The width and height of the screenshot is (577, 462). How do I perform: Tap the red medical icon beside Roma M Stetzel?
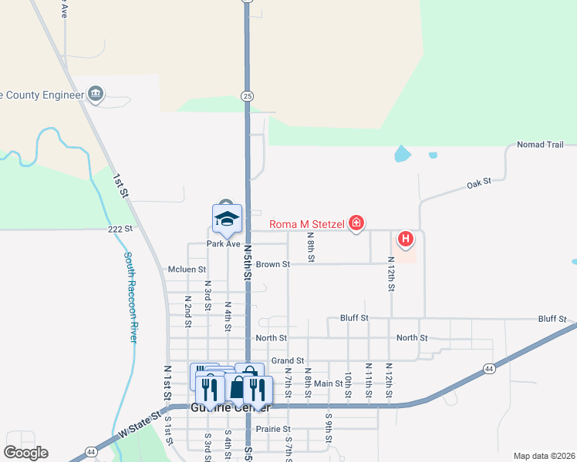[356, 225]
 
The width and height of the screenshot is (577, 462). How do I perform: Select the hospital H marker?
[406, 239]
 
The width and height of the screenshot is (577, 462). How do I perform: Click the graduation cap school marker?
[227, 219]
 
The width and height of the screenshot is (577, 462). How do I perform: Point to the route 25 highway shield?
[246, 95]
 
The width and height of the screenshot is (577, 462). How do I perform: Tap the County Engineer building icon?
[96, 94]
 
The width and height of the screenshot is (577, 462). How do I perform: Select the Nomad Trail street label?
[540, 145]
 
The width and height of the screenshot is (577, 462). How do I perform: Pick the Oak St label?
[479, 184]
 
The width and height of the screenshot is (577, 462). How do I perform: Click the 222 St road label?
[121, 229]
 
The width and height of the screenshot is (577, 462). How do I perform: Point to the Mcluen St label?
[187, 269]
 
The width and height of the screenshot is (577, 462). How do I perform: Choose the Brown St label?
[273, 264]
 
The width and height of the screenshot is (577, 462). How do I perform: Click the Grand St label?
[288, 360]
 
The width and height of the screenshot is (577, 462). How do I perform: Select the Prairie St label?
[275, 429]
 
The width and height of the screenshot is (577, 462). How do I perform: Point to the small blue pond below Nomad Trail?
[402, 154]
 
